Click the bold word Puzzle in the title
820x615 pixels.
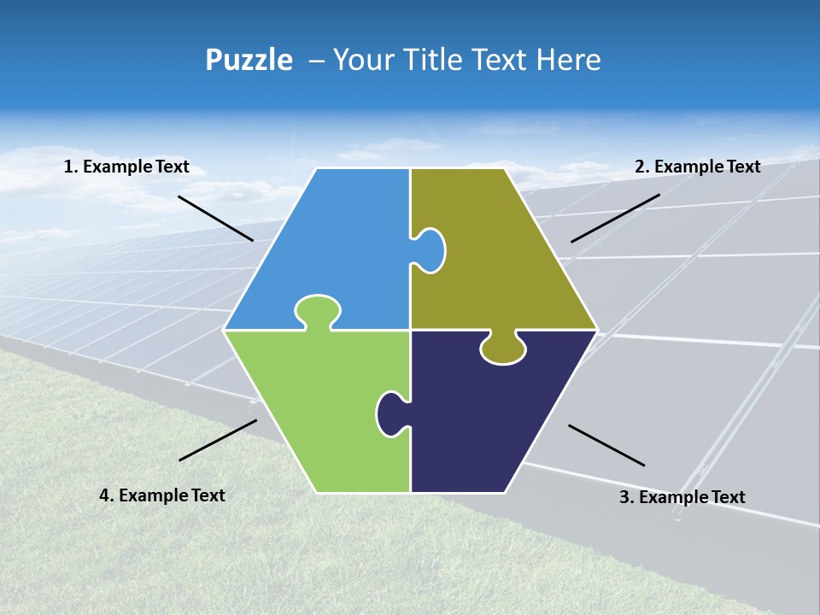pyautogui.click(x=249, y=61)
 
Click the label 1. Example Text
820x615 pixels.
pyautogui.click(x=126, y=167)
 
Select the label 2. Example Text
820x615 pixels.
pyautogui.click(x=697, y=167)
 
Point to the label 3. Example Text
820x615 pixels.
pyautogui.click(x=682, y=497)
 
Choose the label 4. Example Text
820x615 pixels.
pyautogui.click(x=162, y=495)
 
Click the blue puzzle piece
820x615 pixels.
pyautogui.click(x=342, y=248)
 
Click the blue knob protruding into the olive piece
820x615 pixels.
pyautogui.click(x=431, y=249)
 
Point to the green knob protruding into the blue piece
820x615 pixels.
pyautogui.click(x=318, y=309)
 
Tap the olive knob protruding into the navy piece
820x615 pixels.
pyautogui.click(x=502, y=348)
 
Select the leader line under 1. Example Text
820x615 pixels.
pyautogui.click(x=215, y=219)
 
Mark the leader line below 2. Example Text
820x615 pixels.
pyautogui.click(x=615, y=218)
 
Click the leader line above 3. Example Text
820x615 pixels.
pyautogui.click(x=606, y=445)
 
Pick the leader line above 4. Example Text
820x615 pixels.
pyautogui.click(x=218, y=440)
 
